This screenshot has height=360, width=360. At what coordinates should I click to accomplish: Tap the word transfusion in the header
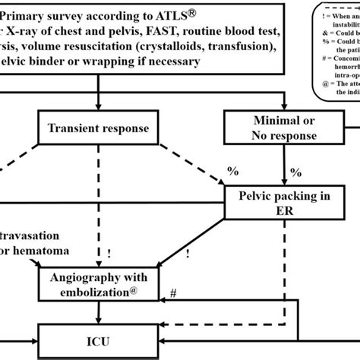pos(248,45)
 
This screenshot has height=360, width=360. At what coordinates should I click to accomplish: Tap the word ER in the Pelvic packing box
pos(284,213)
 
